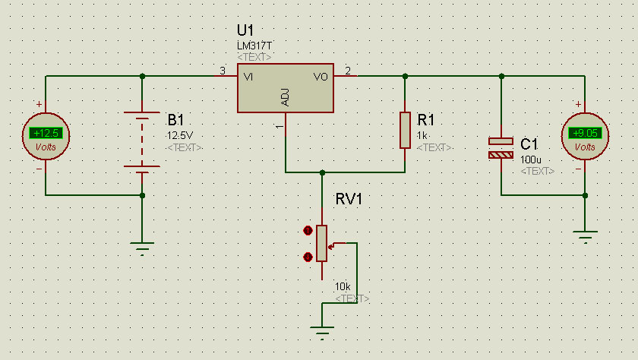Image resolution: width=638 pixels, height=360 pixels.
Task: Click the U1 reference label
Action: click(245, 30)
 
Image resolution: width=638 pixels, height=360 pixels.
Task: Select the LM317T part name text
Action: click(254, 46)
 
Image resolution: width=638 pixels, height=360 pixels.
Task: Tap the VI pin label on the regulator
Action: click(248, 77)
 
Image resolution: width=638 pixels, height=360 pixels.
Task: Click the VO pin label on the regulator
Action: click(321, 77)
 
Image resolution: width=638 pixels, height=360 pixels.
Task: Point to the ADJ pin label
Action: click(286, 97)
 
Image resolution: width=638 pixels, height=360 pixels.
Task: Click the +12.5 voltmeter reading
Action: click(46, 133)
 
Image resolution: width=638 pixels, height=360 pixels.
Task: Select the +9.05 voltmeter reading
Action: click(585, 133)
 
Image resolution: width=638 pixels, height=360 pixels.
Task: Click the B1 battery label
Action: click(175, 120)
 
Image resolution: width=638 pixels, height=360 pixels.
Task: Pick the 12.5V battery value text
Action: click(180, 135)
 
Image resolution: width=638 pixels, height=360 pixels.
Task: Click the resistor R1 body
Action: click(405, 130)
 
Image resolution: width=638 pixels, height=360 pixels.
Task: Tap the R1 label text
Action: click(426, 119)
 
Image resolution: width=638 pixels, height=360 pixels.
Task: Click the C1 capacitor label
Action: click(529, 144)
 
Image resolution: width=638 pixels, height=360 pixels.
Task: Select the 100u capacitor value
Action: click(531, 159)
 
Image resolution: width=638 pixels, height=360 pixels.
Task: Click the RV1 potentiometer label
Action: click(349, 200)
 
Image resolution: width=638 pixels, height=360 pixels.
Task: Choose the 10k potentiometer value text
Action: click(343, 287)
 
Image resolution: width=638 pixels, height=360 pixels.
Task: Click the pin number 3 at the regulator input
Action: click(222, 71)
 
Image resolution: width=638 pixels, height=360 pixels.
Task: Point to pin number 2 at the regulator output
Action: click(348, 71)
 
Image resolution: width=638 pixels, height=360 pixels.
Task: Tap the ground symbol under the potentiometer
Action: click(322, 331)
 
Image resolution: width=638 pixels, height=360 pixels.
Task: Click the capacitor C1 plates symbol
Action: click(501, 147)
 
